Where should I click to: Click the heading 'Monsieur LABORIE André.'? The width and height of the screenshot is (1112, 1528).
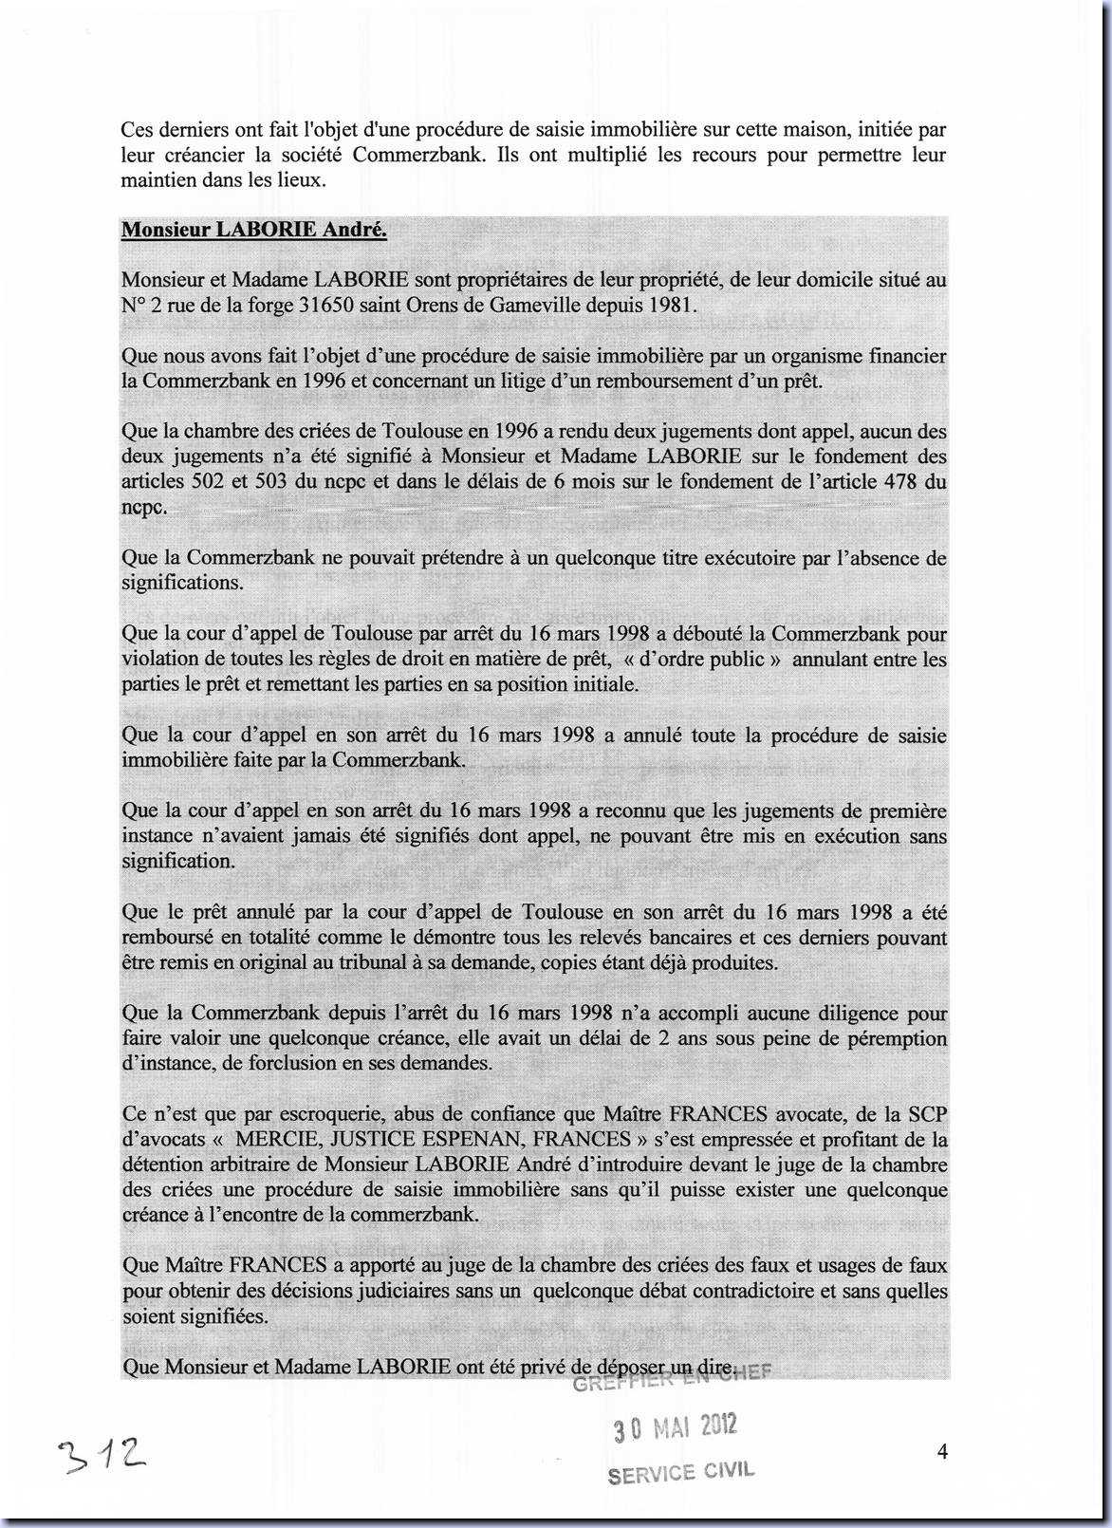coord(253,230)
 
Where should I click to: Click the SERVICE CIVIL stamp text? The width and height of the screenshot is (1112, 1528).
coord(680,1472)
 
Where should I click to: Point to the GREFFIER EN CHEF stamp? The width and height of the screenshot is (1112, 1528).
coord(670,1381)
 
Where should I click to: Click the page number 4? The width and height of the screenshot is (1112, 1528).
coord(942,1451)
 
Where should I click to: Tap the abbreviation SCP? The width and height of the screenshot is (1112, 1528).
coord(926,1114)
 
